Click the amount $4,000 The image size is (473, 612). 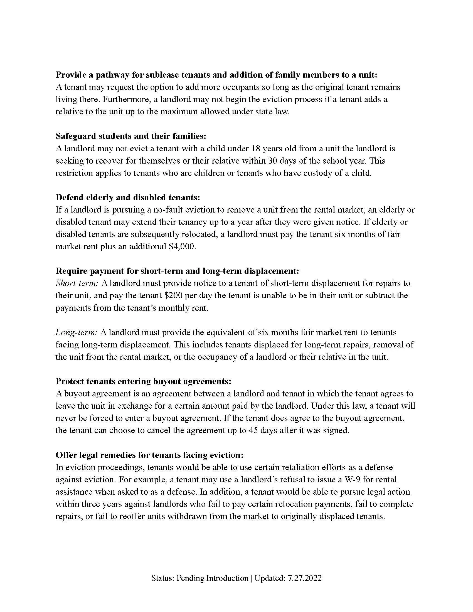click(x=182, y=246)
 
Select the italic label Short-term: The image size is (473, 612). click(x=77, y=283)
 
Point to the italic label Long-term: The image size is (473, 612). click(x=76, y=333)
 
